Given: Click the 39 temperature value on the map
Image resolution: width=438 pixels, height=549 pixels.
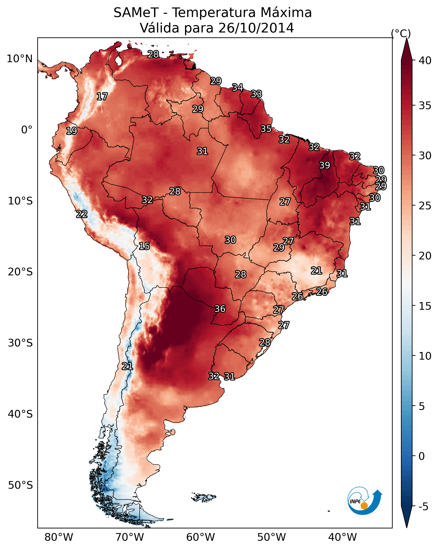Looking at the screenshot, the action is coord(325,165).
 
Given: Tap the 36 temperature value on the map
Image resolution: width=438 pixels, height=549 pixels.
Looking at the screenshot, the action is coord(220,309).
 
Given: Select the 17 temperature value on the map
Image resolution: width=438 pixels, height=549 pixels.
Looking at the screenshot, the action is coord(102,97).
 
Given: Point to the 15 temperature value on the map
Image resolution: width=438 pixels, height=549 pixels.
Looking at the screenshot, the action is coord(144,246).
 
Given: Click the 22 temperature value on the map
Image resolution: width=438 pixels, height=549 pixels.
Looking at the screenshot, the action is coord(82,214).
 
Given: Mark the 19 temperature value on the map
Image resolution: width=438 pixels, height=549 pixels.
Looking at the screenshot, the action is coord(71,131).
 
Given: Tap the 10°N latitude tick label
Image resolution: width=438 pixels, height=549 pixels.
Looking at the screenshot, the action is coord(19,59).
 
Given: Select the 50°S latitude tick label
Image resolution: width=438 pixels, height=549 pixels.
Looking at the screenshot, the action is coord(20,485).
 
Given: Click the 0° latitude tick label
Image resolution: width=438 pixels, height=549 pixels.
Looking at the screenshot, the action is coord(27,130).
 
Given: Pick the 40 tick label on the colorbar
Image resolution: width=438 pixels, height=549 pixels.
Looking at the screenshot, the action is coord(425,61).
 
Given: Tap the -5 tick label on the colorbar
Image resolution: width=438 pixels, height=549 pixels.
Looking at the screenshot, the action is coord(424,507).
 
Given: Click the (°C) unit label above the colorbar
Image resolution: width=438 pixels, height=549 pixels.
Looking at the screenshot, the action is coord(401,33).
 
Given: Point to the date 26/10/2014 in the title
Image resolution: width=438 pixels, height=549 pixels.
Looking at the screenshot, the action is coord(256,28).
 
